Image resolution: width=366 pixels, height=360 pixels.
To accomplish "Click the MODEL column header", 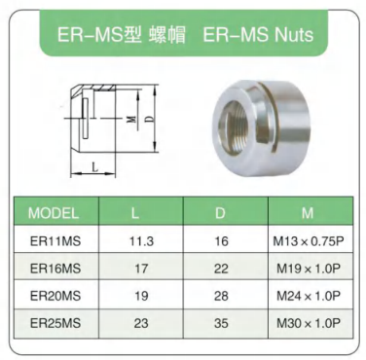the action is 54,213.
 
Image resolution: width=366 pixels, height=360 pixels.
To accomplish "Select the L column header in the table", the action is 135,213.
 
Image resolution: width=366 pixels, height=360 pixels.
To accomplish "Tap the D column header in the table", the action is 220,213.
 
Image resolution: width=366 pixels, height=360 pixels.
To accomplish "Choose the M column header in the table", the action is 308,213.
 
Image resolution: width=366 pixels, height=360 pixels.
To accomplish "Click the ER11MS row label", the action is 55,241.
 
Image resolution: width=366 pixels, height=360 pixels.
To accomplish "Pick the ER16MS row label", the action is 55,269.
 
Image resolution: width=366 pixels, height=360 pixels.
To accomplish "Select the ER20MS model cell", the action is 55,296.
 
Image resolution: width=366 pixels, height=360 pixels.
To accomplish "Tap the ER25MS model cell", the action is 55,323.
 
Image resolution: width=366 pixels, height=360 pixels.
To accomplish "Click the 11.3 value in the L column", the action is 141,241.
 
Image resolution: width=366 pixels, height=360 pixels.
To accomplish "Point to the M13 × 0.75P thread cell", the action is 308,241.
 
